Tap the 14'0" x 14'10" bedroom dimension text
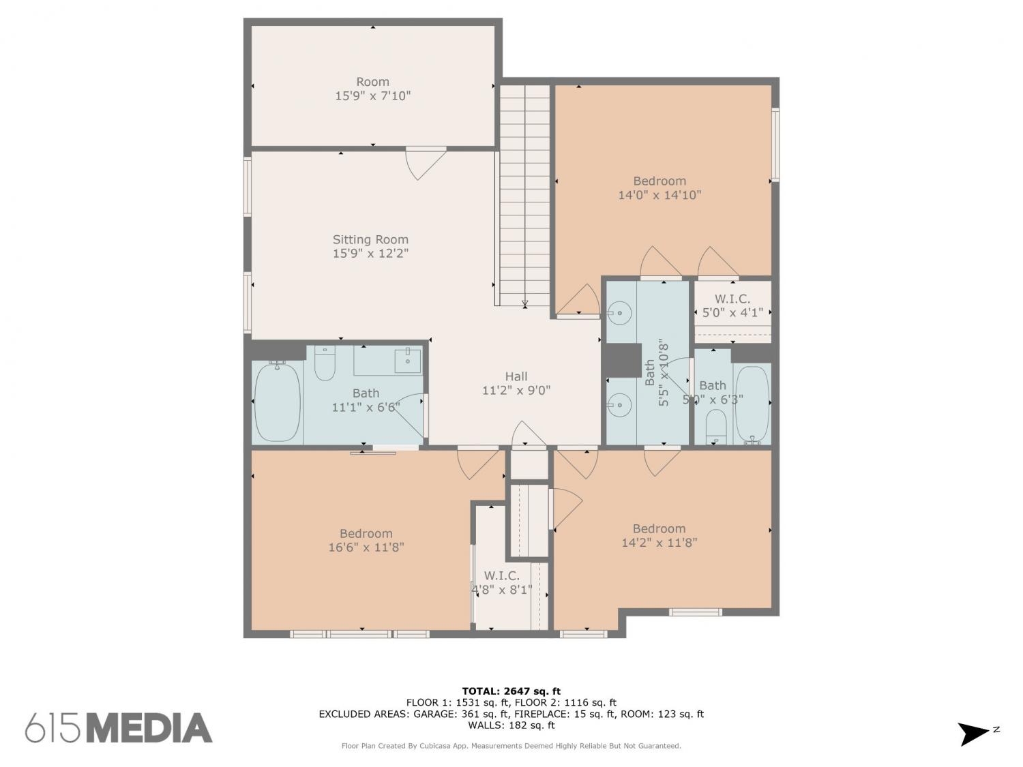pos(659,195)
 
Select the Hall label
pos(516,376)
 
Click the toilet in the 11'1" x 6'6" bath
pos(325,363)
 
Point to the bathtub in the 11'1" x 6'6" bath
pos(278,402)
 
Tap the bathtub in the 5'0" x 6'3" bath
pos(752,404)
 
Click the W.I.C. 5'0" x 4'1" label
pos(732,305)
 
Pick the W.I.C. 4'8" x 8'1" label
pos(501,583)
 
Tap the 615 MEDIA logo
pos(119,728)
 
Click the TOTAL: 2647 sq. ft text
pos(512,691)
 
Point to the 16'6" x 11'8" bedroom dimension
pos(366,547)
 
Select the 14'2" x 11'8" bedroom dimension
pos(659,543)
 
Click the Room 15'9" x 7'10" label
pos(372,89)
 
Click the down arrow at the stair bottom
pos(524,303)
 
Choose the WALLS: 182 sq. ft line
pos(512,725)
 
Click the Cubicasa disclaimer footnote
pos(512,746)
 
